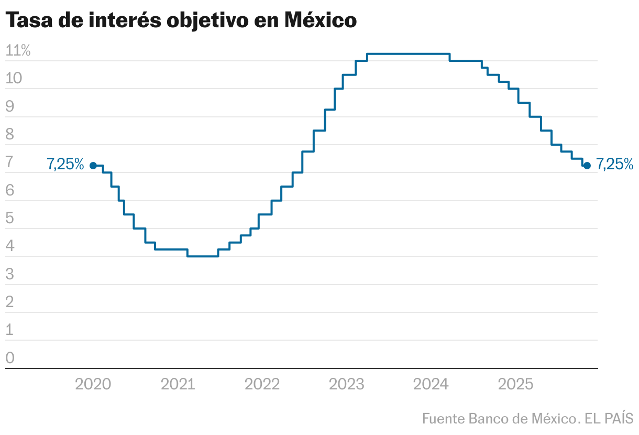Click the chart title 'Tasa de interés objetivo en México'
(181, 20)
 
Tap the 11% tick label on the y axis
(18, 51)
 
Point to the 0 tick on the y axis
(10, 358)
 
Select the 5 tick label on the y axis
(10, 219)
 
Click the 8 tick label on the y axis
(10, 135)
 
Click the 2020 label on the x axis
(93, 385)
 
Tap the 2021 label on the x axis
(178, 385)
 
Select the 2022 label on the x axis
(262, 385)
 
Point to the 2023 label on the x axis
(346, 385)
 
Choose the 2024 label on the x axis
(431, 385)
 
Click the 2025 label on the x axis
(515, 385)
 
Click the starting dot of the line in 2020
(93, 166)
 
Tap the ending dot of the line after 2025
(587, 166)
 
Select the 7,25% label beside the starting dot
(65, 165)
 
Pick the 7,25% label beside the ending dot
(615, 165)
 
